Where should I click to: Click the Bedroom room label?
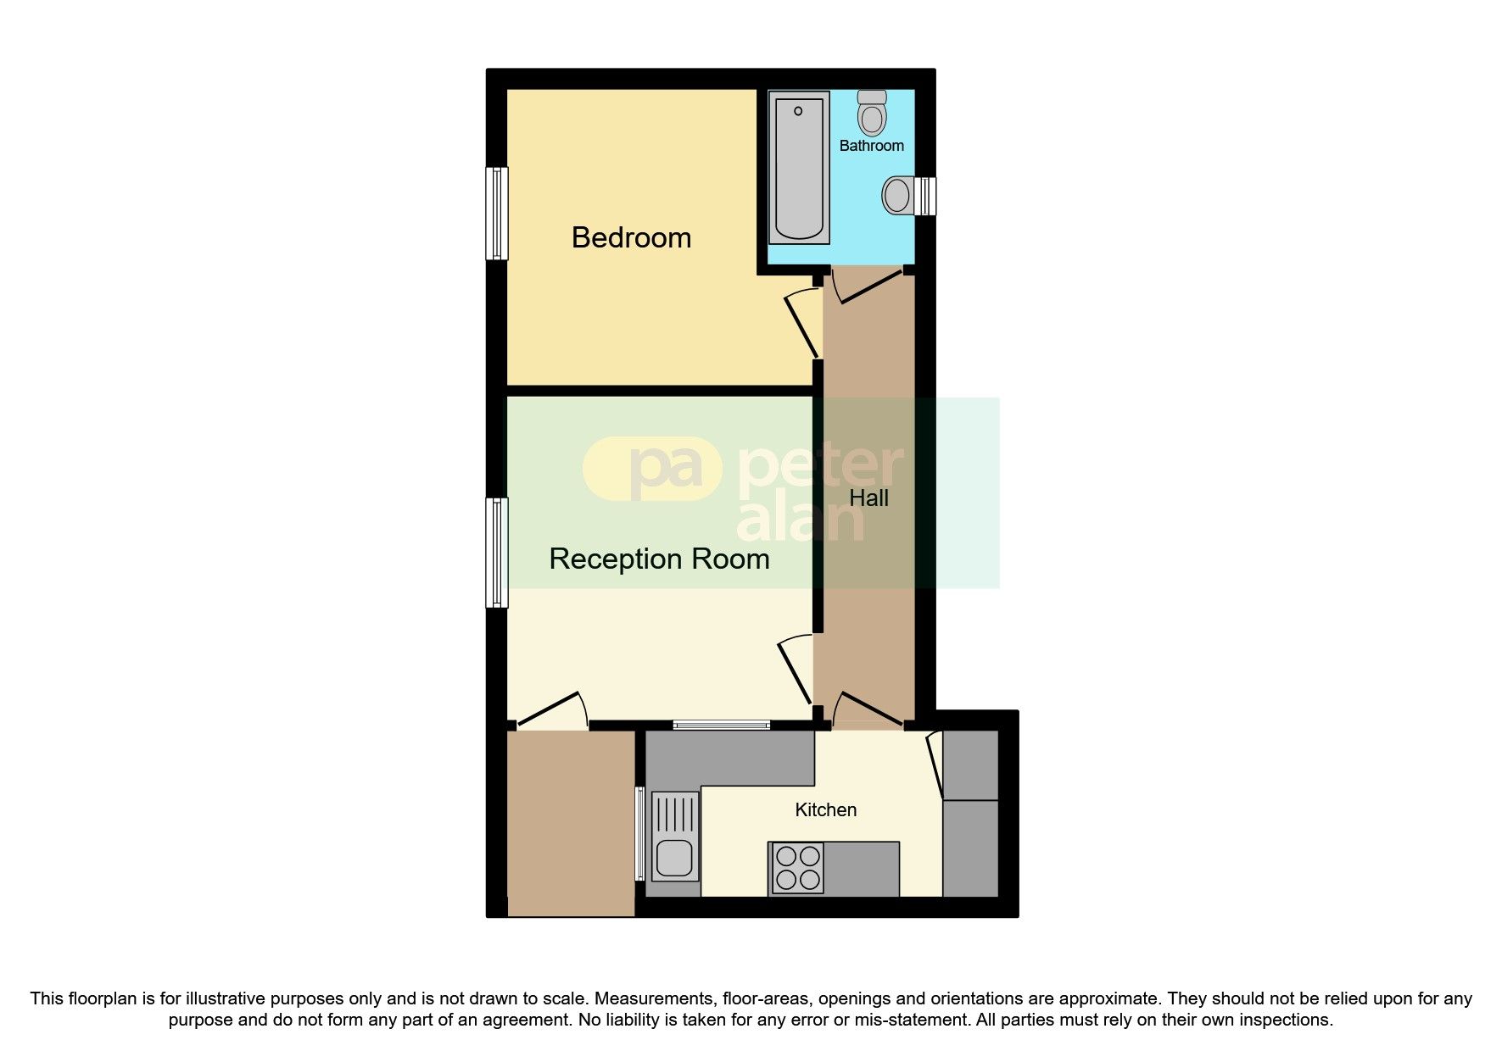(x=631, y=237)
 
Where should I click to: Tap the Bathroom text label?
(x=871, y=146)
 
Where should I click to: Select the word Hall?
(x=868, y=498)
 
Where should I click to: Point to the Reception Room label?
(x=659, y=559)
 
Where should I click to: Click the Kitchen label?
(x=825, y=810)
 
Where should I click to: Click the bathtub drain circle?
(x=798, y=111)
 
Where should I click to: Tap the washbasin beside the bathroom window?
(x=897, y=195)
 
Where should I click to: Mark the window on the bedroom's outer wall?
(x=496, y=213)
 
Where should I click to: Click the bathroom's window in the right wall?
(x=929, y=196)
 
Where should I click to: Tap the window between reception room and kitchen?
(x=722, y=725)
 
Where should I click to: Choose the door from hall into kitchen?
(x=868, y=710)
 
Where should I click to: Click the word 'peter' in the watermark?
(x=819, y=466)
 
